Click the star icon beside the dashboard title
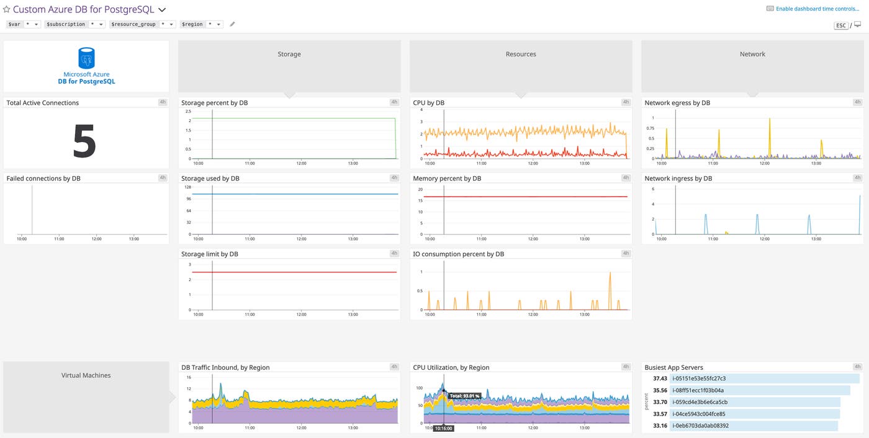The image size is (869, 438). point(7,10)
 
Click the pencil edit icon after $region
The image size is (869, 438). point(233,24)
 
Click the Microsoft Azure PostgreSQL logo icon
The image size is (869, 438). point(86,58)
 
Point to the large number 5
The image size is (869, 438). point(84,141)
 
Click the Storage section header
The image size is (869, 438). point(289,55)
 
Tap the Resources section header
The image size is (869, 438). point(521,55)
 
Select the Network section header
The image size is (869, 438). point(752,55)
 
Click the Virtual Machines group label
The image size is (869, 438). point(86,375)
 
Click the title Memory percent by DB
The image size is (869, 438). point(447,179)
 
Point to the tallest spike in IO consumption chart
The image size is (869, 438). point(610,274)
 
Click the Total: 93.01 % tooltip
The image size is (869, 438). point(464,395)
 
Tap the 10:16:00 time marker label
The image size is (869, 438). point(443,428)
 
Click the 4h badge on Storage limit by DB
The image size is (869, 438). point(394,254)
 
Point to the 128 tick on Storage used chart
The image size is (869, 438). point(187,187)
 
